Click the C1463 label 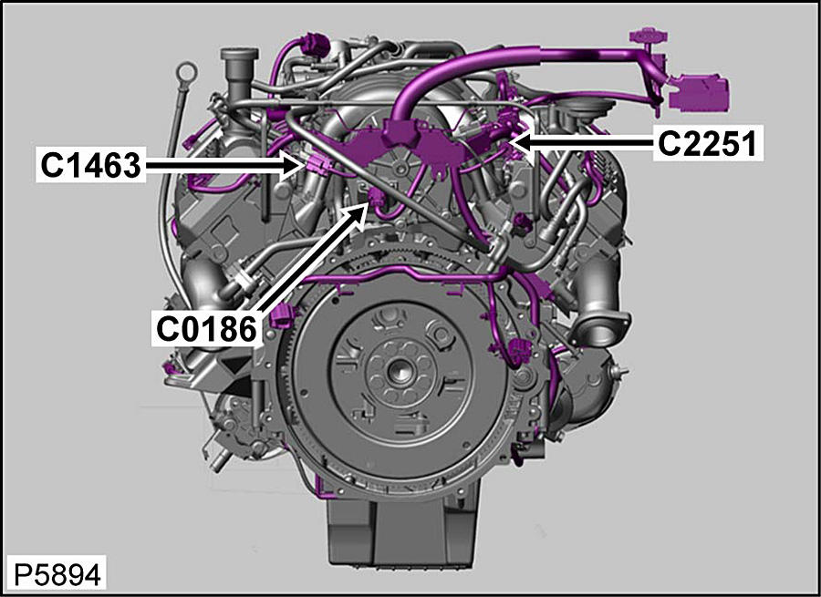pyautogui.click(x=90, y=165)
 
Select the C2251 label pyautogui.click(x=707, y=143)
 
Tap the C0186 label pyautogui.click(x=207, y=329)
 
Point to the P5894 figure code pyautogui.click(x=57, y=575)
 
